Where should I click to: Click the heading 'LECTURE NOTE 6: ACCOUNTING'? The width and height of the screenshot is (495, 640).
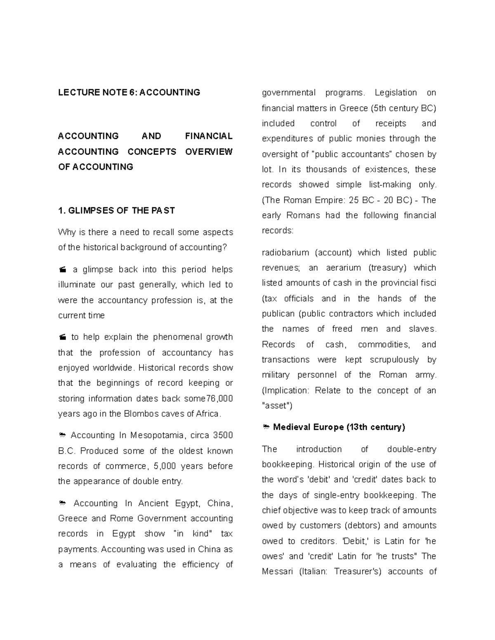129,92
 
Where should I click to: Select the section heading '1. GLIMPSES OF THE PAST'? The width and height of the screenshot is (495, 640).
116,211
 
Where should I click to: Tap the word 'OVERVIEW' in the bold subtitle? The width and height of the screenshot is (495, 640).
209,152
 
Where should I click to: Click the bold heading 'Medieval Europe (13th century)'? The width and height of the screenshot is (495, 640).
339,427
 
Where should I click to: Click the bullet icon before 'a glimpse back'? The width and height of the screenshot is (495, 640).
62,270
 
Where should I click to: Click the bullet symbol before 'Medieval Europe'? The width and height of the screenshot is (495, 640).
266,427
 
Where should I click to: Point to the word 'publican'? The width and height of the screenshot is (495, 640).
278,314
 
